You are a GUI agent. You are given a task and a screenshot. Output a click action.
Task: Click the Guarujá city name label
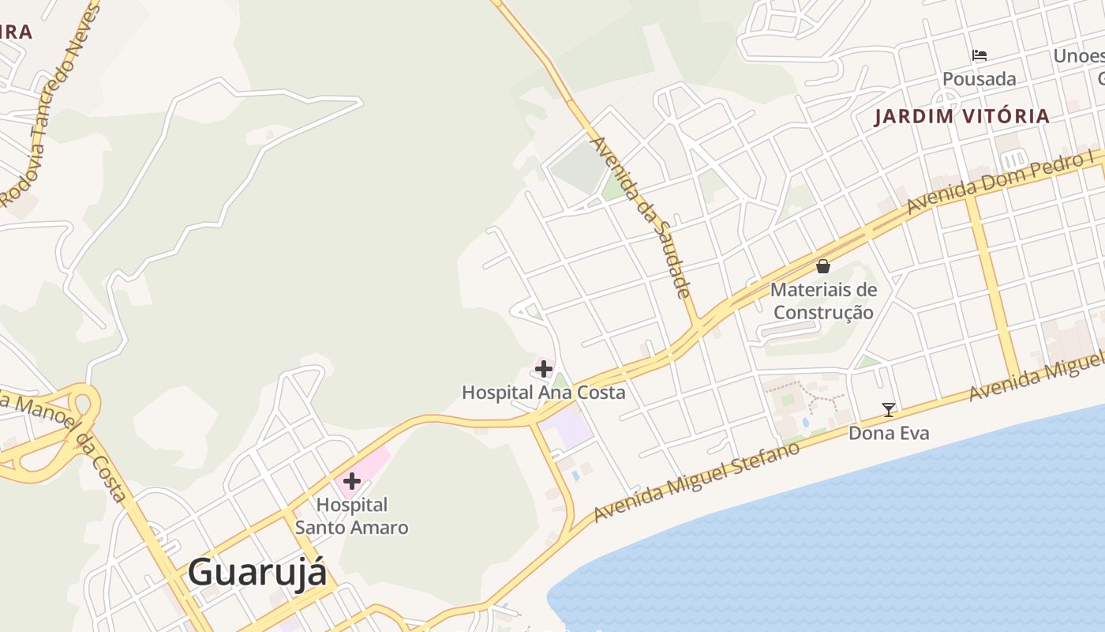click(257, 572)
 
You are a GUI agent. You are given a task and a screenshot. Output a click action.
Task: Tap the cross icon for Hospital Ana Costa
click(544, 368)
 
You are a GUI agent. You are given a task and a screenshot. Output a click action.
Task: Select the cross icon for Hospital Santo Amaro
click(352, 480)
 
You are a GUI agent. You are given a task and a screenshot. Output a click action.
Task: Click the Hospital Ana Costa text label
click(543, 393)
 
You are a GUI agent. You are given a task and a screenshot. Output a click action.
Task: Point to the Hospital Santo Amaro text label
click(352, 516)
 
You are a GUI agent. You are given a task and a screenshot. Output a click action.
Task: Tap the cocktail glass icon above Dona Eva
click(889, 409)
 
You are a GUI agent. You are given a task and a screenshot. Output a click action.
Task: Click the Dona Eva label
click(889, 433)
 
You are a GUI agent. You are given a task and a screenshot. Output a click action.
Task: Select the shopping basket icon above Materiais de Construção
click(823, 266)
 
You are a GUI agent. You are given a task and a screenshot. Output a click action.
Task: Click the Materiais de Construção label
click(823, 301)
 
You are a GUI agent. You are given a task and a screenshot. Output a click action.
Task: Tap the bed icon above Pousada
click(980, 55)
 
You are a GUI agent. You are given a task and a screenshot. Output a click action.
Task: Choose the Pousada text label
click(980, 79)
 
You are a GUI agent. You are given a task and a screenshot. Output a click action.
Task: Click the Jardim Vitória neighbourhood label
click(962, 116)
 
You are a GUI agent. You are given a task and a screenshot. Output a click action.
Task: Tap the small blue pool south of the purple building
click(575, 476)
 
